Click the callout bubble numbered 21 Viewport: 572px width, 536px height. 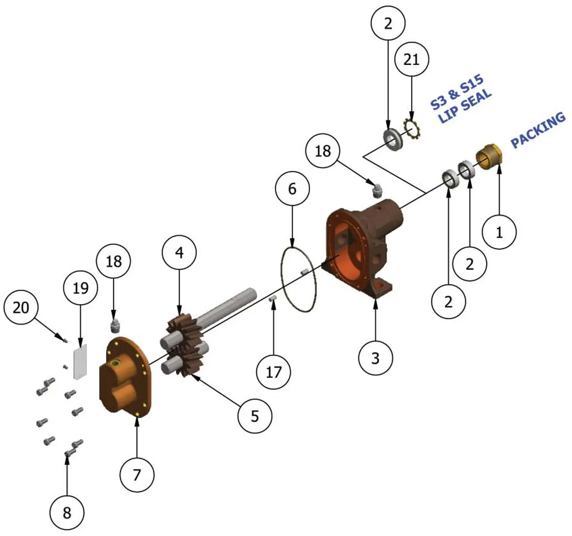pos(411,59)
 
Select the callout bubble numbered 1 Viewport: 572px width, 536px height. pos(499,232)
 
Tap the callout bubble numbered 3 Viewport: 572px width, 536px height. pos(376,358)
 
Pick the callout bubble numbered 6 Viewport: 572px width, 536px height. pos(293,189)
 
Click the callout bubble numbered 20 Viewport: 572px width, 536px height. pos(21,308)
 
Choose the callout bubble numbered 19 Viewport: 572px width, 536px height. pos(81,288)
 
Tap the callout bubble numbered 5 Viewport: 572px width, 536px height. pos(255,416)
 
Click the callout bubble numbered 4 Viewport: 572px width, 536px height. pos(180,252)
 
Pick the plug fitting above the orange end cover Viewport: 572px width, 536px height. pos(115,326)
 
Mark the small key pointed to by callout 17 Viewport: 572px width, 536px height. pos(273,299)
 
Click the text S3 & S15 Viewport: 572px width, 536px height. pos(457,93)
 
